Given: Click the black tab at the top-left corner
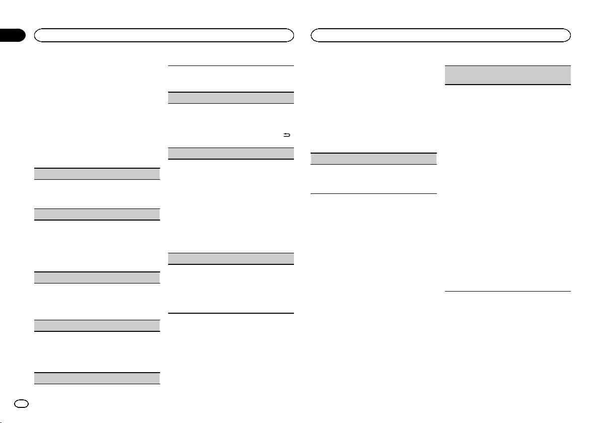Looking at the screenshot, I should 12,35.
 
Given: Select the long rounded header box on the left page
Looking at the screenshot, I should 163,35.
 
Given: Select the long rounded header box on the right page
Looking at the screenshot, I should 441,35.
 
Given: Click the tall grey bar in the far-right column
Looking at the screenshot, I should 508,75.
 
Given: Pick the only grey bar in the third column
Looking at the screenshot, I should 373,158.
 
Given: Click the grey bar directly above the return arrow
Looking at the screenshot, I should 231,98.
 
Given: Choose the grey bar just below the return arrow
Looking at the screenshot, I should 231,153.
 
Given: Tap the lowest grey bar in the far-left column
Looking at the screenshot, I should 97,378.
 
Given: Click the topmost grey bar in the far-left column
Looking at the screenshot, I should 97,173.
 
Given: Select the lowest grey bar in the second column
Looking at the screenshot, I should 231,258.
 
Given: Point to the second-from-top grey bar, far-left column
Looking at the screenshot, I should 97,214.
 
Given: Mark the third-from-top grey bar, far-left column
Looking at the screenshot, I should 97,277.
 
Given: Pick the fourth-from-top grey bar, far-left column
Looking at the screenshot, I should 97,325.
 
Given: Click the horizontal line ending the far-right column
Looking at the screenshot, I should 508,291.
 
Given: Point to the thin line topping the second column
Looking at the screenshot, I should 231,65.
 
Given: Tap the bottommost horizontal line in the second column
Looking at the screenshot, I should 231,313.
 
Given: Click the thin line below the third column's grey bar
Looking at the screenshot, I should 373,193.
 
